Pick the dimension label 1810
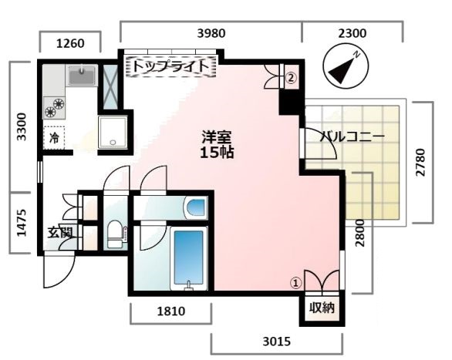(170, 314)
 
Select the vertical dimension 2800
(359, 232)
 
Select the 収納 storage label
(322, 308)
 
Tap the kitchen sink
(80, 75)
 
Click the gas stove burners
(55, 106)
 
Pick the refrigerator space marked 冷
(55, 138)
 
